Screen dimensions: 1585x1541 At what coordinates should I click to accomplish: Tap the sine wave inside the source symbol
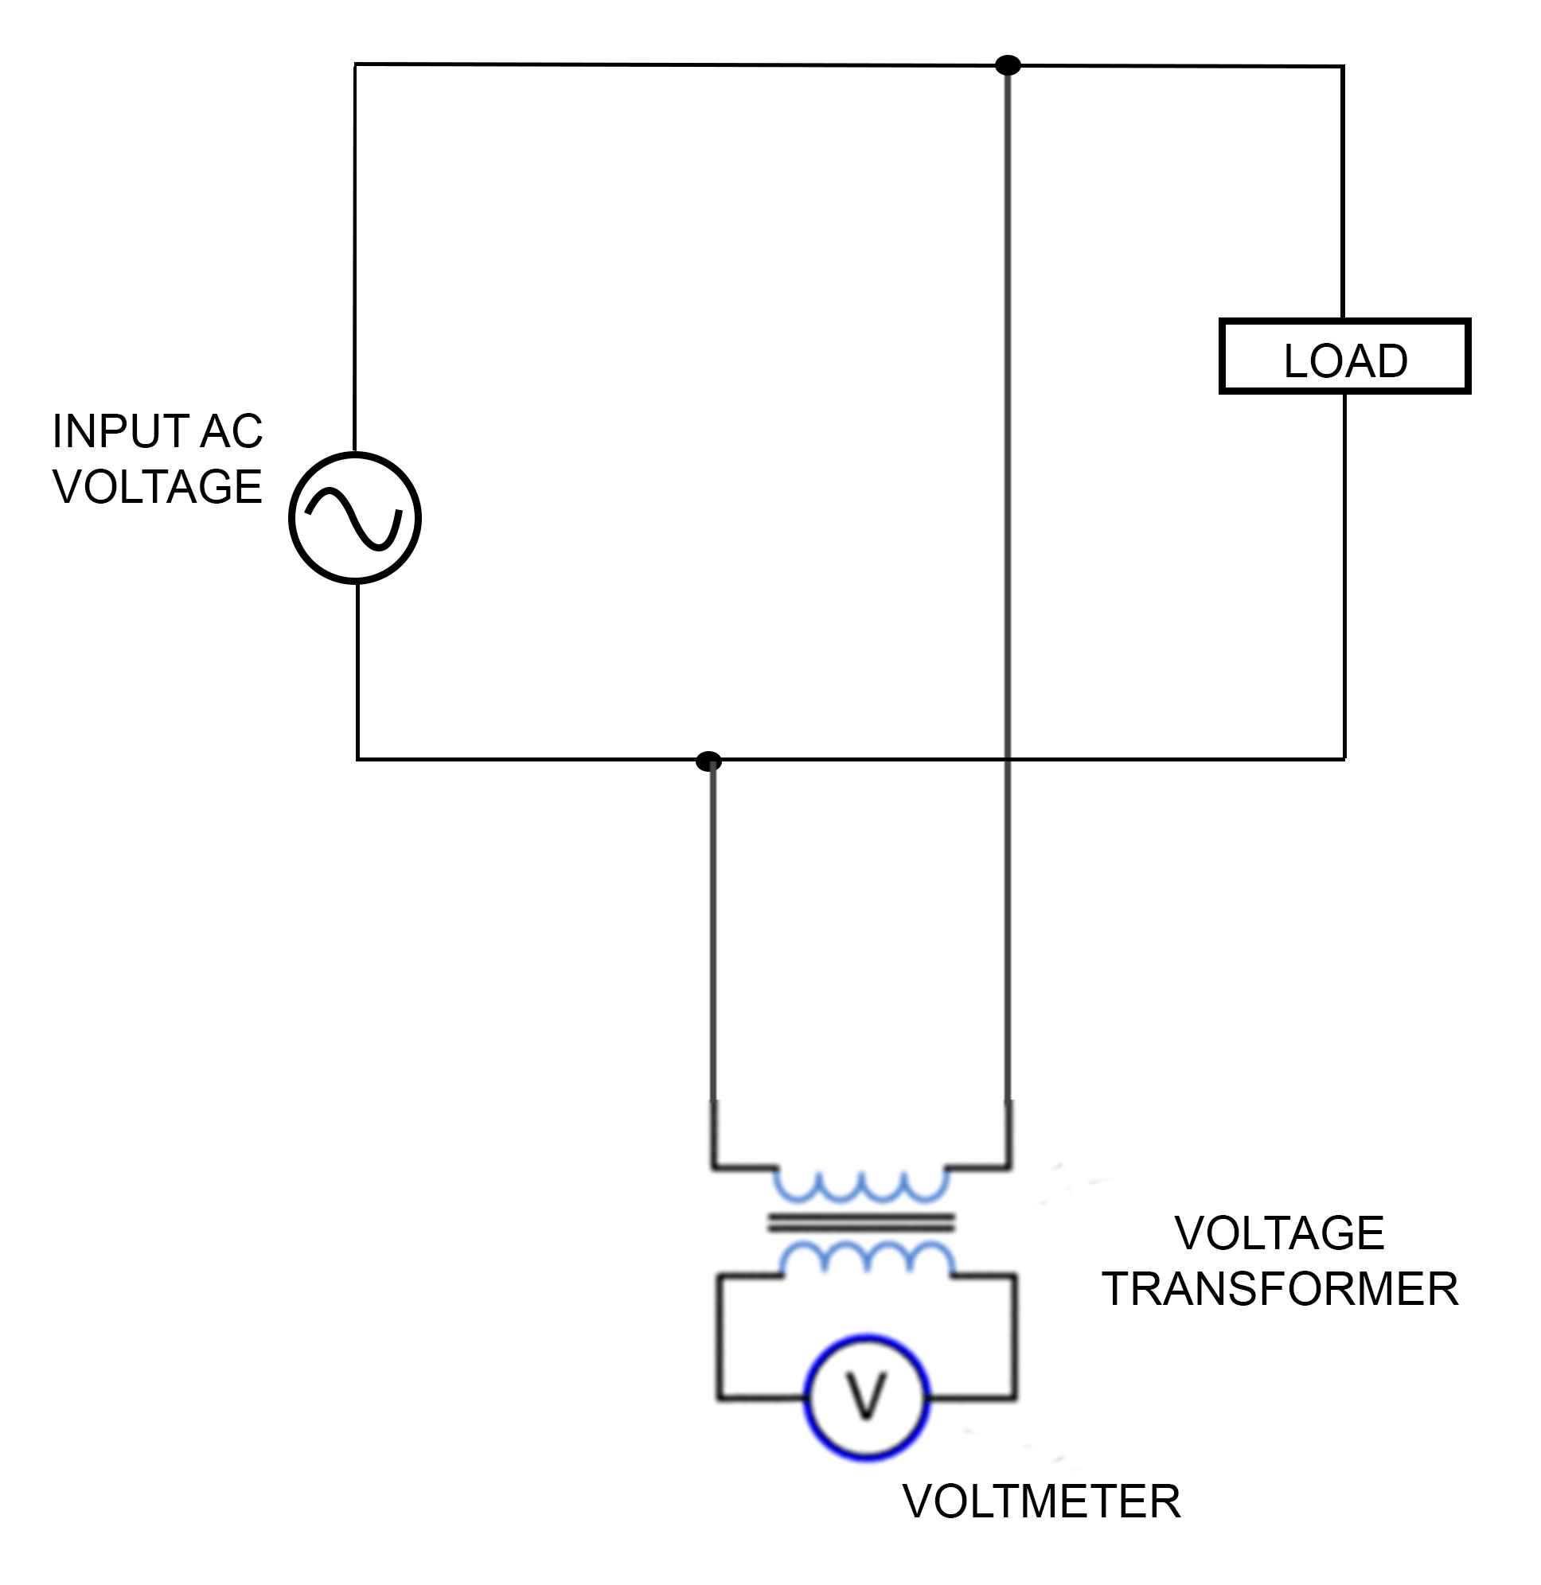[x=353, y=519]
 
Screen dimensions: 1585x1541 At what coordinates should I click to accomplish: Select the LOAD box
[x=1344, y=356]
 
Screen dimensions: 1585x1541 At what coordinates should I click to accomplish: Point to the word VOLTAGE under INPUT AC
[x=158, y=487]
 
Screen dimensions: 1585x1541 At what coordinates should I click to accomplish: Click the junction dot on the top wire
[x=1008, y=65]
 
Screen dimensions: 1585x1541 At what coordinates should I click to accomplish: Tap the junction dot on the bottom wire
[x=709, y=761]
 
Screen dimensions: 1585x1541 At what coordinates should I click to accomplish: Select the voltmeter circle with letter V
[x=867, y=1397]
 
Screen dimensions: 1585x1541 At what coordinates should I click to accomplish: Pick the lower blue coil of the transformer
[x=867, y=1259]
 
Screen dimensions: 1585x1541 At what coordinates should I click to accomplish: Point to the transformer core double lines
[x=861, y=1221]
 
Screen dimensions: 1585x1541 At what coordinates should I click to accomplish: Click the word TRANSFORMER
[x=1281, y=1289]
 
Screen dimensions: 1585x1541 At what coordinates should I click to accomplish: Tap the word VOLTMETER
[x=1042, y=1501]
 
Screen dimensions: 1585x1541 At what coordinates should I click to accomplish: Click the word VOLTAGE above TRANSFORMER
[x=1280, y=1233]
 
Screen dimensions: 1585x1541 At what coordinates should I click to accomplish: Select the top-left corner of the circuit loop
[x=355, y=64]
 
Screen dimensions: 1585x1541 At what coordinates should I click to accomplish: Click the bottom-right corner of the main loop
[x=1344, y=759]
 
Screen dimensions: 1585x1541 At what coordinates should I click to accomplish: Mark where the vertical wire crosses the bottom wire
[x=1008, y=760]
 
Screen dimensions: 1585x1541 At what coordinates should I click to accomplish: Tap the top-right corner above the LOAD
[x=1343, y=67]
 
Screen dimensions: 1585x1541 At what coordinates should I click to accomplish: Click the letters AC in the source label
[x=232, y=431]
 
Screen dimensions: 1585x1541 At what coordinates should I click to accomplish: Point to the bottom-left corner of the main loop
[x=357, y=759]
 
